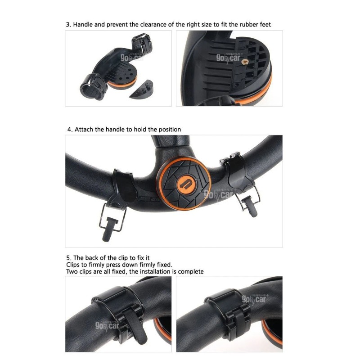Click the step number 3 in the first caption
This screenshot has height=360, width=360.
(68, 24)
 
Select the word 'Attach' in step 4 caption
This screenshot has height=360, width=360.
(84, 129)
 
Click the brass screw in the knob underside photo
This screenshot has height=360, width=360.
(245, 60)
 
